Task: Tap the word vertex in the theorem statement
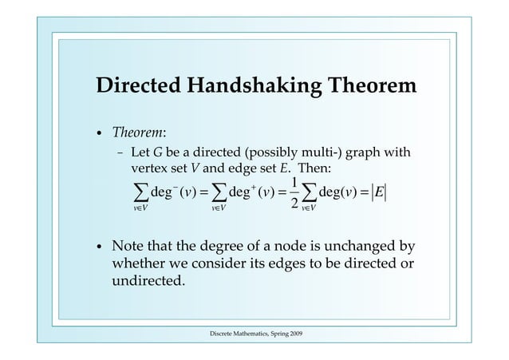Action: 149,170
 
